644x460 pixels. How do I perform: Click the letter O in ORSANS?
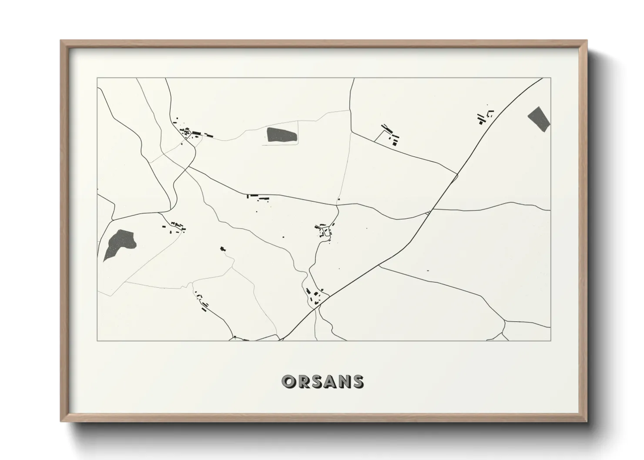[289, 382]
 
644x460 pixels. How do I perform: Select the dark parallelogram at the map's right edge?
[539, 118]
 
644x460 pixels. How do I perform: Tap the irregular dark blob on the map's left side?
[118, 243]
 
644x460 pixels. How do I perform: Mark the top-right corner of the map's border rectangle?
[551, 78]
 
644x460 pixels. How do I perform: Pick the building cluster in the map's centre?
[325, 230]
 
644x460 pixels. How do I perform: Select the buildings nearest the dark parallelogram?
[484, 117]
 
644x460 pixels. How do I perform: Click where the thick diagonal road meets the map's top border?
[543, 78]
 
